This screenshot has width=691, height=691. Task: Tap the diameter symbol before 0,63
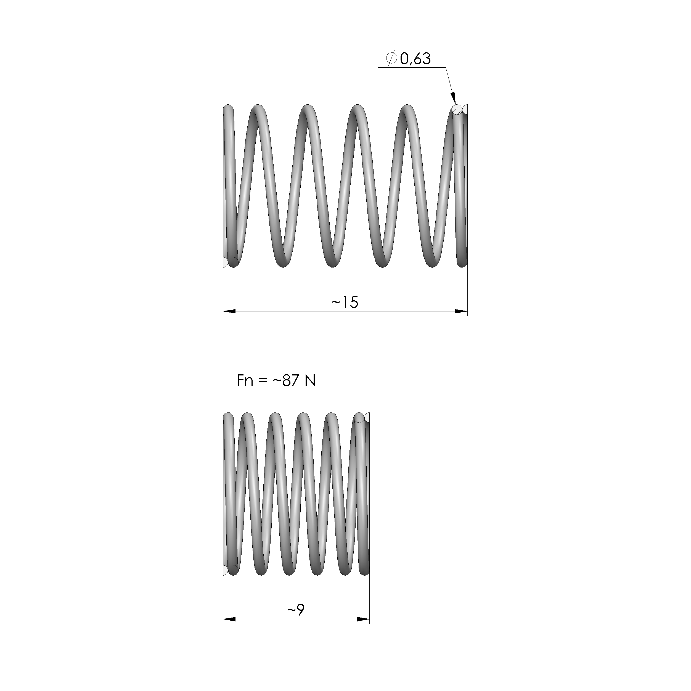click(392, 58)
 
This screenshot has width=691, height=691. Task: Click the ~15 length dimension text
click(345, 303)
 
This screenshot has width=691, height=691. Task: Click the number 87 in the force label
click(290, 381)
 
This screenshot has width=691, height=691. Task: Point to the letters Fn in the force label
click(245, 381)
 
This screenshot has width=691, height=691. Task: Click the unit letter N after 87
click(310, 381)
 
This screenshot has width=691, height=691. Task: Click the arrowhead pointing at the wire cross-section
click(453, 98)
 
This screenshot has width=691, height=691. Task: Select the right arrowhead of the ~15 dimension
click(461, 311)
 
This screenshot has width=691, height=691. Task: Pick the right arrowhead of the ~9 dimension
click(363, 619)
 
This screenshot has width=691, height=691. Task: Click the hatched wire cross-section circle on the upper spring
click(457, 109)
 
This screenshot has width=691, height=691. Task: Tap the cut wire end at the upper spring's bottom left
click(225, 262)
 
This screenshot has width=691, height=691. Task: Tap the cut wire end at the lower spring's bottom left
click(225, 570)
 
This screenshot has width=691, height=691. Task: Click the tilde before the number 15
click(336, 303)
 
